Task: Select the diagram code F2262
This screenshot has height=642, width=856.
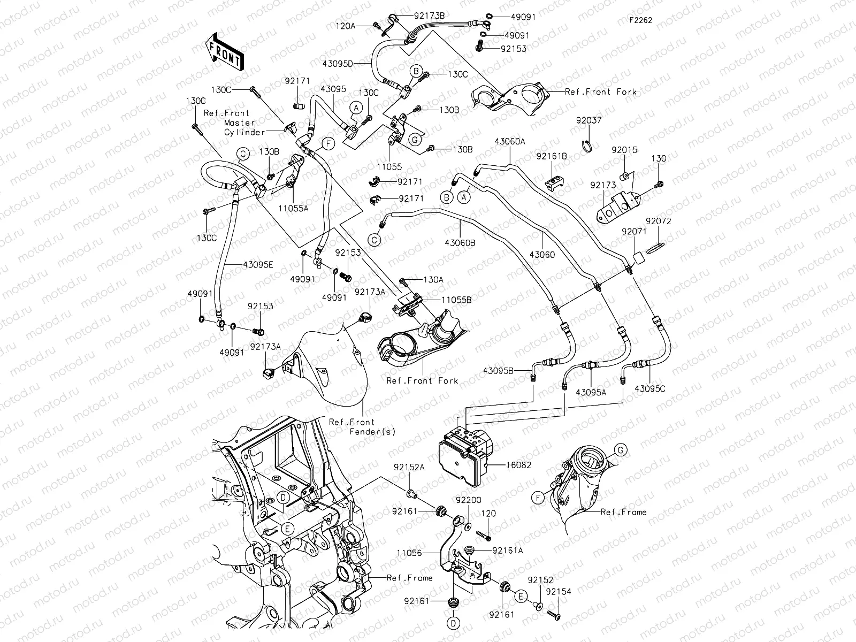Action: [640, 20]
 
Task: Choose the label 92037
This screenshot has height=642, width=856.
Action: [588, 120]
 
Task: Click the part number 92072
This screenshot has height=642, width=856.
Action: [658, 221]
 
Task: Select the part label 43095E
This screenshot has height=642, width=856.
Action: [258, 264]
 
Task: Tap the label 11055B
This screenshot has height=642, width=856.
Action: [456, 300]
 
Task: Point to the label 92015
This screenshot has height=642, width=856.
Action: [624, 150]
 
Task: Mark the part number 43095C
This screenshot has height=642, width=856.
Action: [650, 389]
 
